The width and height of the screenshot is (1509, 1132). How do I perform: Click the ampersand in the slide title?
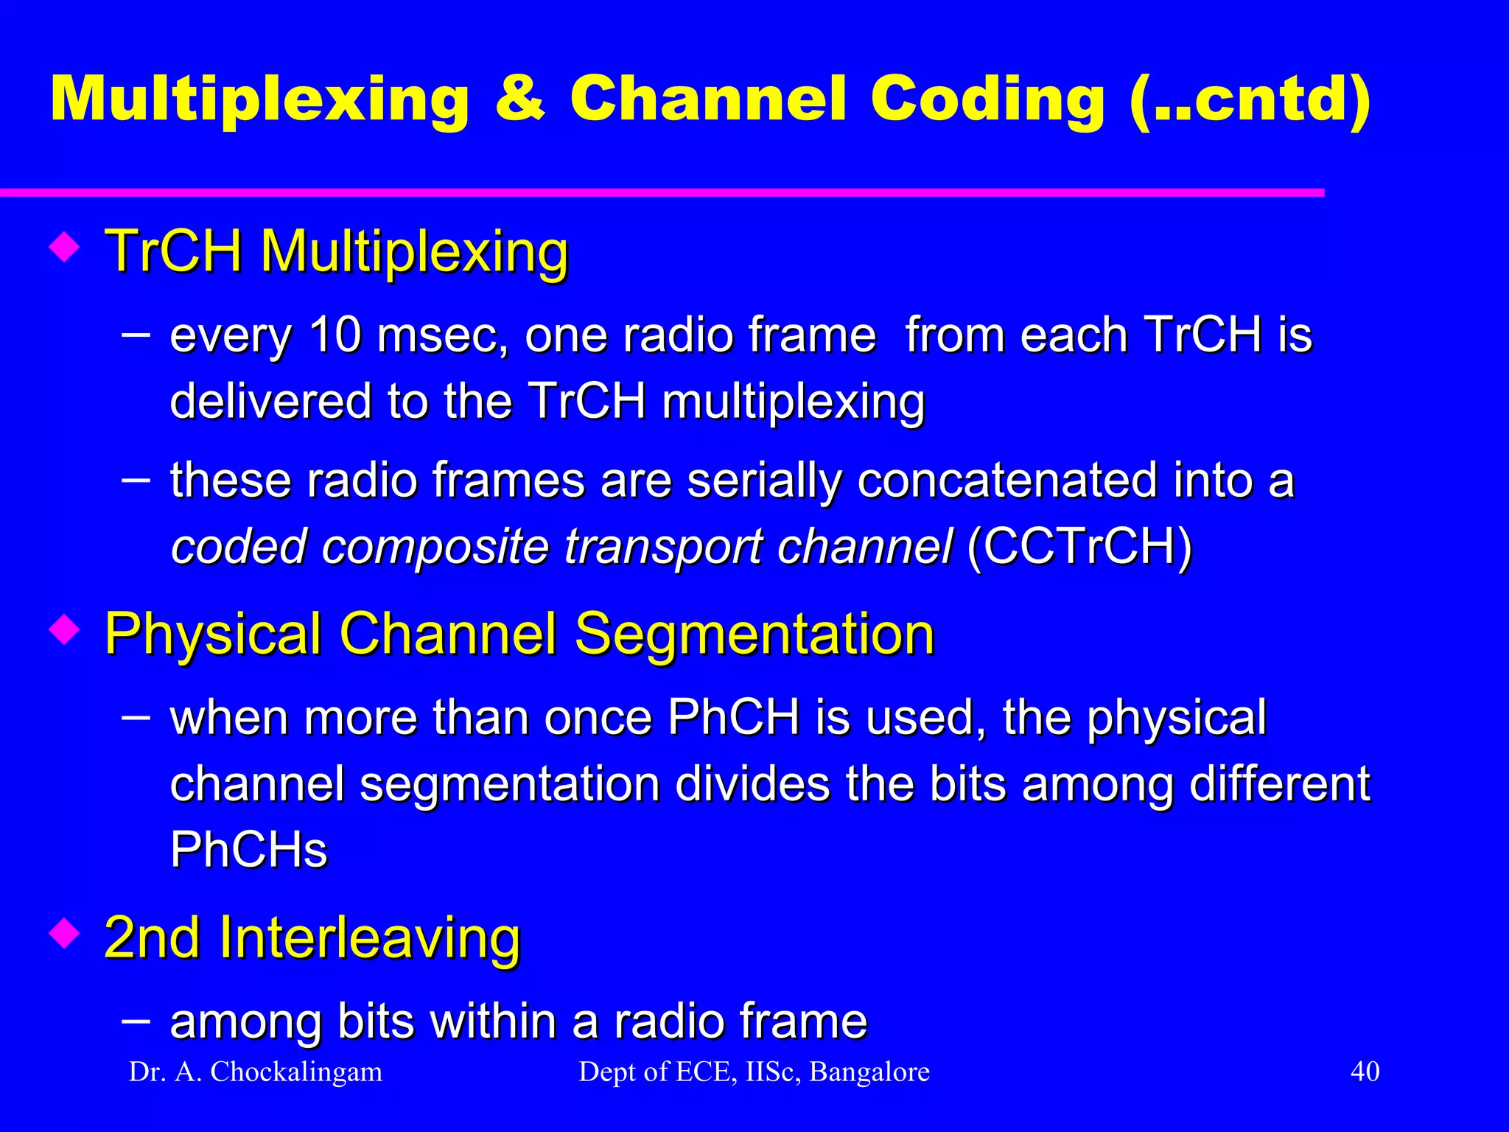520,99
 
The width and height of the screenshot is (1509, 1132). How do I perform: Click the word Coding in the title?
987,101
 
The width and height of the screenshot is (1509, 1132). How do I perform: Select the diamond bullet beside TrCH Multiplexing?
65,248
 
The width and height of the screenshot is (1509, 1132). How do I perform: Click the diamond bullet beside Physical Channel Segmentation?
65,630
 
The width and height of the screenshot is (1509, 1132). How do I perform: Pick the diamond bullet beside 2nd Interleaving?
65,934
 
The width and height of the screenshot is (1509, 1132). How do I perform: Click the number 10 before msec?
335,335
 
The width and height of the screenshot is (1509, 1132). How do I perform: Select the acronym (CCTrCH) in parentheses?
1079,547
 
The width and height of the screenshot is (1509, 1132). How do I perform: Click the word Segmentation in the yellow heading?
754,634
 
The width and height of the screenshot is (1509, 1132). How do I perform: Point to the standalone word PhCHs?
248,850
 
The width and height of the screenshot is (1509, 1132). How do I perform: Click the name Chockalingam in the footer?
296,1072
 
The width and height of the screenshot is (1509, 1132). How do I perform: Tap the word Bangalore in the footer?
869,1072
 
